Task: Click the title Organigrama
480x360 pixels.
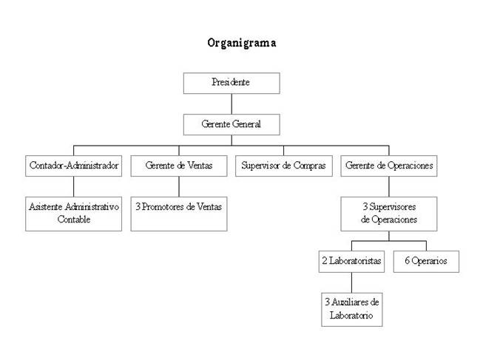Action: pyautogui.click(x=242, y=43)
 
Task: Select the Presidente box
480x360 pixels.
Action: pyautogui.click(x=231, y=83)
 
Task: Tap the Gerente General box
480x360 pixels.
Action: pyautogui.click(x=231, y=124)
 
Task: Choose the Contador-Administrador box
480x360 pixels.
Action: pyautogui.click(x=74, y=166)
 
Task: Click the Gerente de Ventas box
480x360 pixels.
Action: pyautogui.click(x=179, y=166)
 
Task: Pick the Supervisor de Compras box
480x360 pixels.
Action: pyautogui.click(x=284, y=166)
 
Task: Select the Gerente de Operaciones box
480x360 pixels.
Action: pyautogui.click(x=389, y=166)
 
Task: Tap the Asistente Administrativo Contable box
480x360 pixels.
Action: pyautogui.click(x=74, y=213)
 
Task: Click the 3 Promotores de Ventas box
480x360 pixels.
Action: pyautogui.click(x=179, y=207)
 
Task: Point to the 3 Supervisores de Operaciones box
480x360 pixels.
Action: pyautogui.click(x=389, y=213)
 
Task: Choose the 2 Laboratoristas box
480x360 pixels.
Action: pyautogui.click(x=351, y=261)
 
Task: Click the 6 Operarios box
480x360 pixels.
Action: pyautogui.click(x=425, y=261)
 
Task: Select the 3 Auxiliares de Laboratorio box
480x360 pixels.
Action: pyautogui.click(x=351, y=309)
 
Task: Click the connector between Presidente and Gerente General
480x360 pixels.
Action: pyautogui.click(x=231, y=103)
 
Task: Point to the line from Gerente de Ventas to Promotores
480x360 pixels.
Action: pyautogui.click(x=179, y=186)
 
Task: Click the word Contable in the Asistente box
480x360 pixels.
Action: pyautogui.click(x=74, y=220)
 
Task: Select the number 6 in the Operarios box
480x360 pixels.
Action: pyautogui.click(x=405, y=261)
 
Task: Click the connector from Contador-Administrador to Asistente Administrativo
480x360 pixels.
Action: pyautogui.click(x=74, y=186)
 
